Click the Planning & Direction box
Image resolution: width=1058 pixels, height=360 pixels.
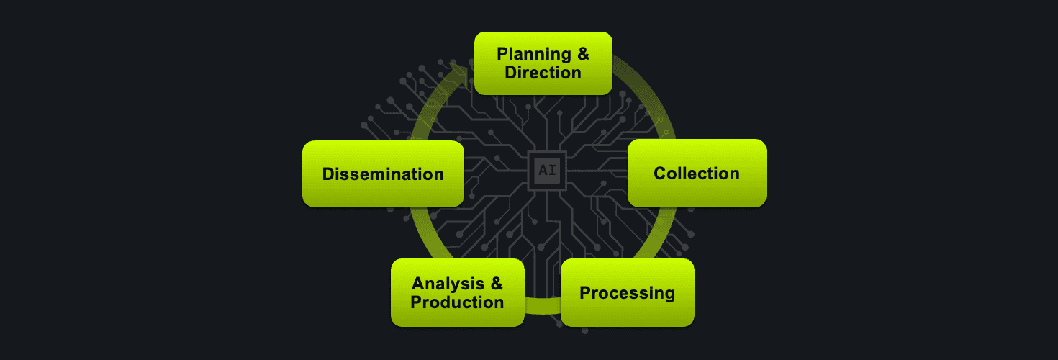pyautogui.click(x=543, y=63)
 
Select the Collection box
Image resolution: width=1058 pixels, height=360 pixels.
pyautogui.click(x=696, y=174)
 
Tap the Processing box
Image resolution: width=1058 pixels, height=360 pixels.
pyautogui.click(x=627, y=293)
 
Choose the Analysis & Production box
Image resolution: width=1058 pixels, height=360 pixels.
pyautogui.click(x=457, y=293)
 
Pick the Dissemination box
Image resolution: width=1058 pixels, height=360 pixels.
pyautogui.click(x=383, y=174)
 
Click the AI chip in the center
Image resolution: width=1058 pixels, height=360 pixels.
pyautogui.click(x=547, y=171)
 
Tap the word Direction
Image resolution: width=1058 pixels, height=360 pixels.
pyautogui.click(x=543, y=73)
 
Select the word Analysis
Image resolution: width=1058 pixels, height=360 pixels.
pyautogui.click(x=448, y=284)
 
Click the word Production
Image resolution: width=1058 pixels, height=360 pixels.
pyautogui.click(x=457, y=302)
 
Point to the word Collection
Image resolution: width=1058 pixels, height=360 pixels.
pyautogui.click(x=696, y=174)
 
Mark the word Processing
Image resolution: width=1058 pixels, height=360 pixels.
pyautogui.click(x=627, y=293)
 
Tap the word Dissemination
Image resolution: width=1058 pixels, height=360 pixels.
pyautogui.click(x=383, y=174)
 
